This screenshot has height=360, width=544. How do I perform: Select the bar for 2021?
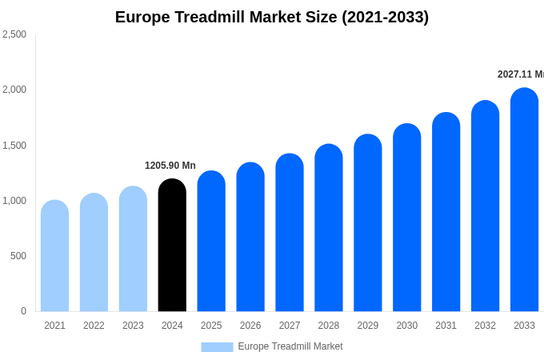click(54, 256)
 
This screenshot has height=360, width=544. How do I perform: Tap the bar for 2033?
click(524, 200)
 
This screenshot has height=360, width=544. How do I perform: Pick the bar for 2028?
click(329, 228)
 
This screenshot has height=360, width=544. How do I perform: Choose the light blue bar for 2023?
click(133, 249)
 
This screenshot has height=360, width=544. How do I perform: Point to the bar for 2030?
click(406, 218)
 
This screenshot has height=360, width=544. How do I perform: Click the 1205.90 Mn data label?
click(170, 166)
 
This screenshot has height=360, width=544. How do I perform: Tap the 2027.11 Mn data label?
click(520, 74)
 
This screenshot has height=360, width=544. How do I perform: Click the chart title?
click(272, 17)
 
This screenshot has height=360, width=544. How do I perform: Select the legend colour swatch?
click(217, 347)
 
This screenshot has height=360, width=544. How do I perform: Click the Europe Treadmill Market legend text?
click(290, 346)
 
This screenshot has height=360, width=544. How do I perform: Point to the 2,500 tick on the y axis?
click(14, 34)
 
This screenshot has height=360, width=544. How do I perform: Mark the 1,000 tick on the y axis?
click(14, 201)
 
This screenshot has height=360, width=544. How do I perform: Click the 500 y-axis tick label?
click(18, 256)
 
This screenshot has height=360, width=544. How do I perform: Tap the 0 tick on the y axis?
click(23, 311)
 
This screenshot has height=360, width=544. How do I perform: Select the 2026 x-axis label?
click(250, 326)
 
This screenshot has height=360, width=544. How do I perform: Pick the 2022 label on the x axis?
click(94, 326)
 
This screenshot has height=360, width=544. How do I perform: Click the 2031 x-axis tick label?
click(446, 326)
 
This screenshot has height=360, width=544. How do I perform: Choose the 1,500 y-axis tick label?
click(14, 146)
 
